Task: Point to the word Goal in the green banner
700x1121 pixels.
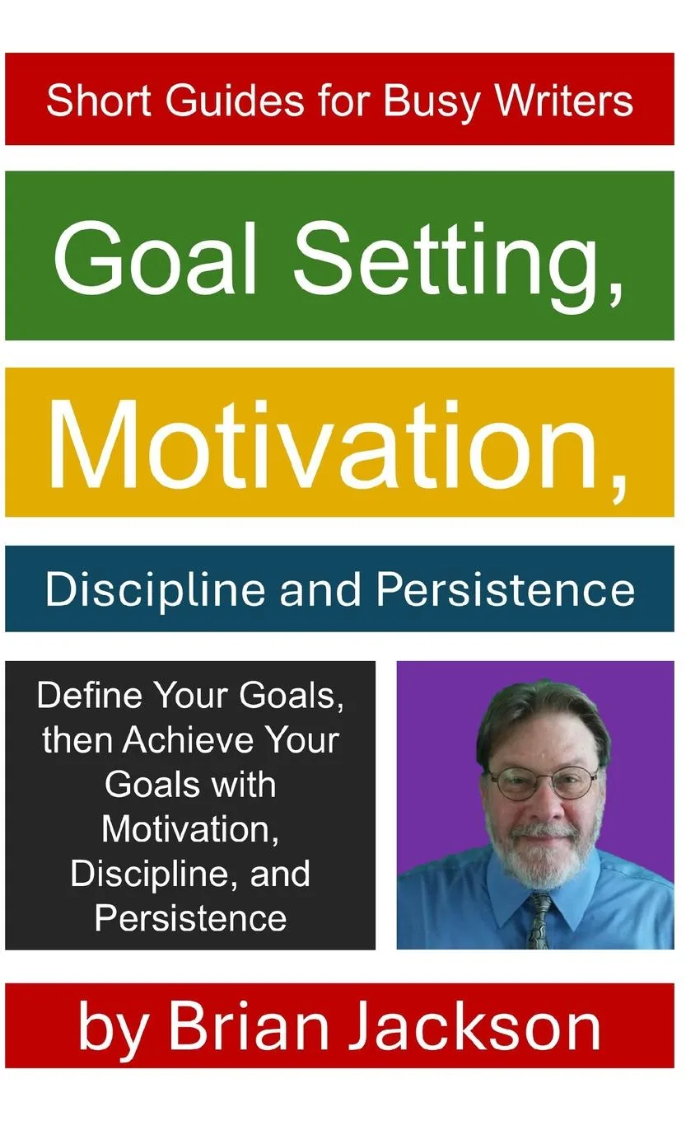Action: coord(156,259)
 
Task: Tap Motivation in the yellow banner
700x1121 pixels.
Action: coord(337,445)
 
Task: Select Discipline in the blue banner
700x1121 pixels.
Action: coord(155,590)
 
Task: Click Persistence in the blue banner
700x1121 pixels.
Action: coord(505,589)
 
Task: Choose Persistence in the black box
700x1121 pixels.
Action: coord(190,918)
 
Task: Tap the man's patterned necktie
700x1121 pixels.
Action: coord(541,920)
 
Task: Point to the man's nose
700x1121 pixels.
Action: coord(545,806)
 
